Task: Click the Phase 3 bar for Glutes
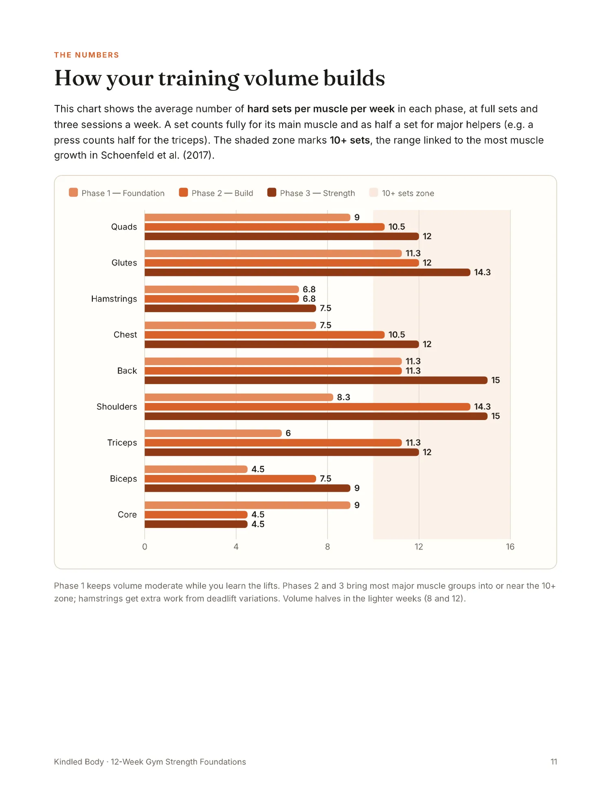[308, 272]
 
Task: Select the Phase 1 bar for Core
[247, 505]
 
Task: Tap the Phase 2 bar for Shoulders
[308, 407]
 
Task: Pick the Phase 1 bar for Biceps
[196, 469]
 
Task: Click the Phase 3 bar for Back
[316, 380]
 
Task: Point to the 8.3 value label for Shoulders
[343, 397]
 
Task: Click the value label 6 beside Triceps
[288, 433]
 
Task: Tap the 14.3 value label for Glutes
[482, 272]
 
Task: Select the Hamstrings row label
[114, 299]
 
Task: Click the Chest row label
[125, 335]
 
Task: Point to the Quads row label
[124, 227]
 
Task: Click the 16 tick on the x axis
[510, 547]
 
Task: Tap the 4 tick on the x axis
[236, 547]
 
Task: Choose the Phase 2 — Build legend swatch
[183, 193]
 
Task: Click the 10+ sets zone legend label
[408, 193]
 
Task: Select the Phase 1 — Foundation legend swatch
[73, 193]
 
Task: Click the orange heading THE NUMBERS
[86, 55]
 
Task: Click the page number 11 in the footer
[554, 762]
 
